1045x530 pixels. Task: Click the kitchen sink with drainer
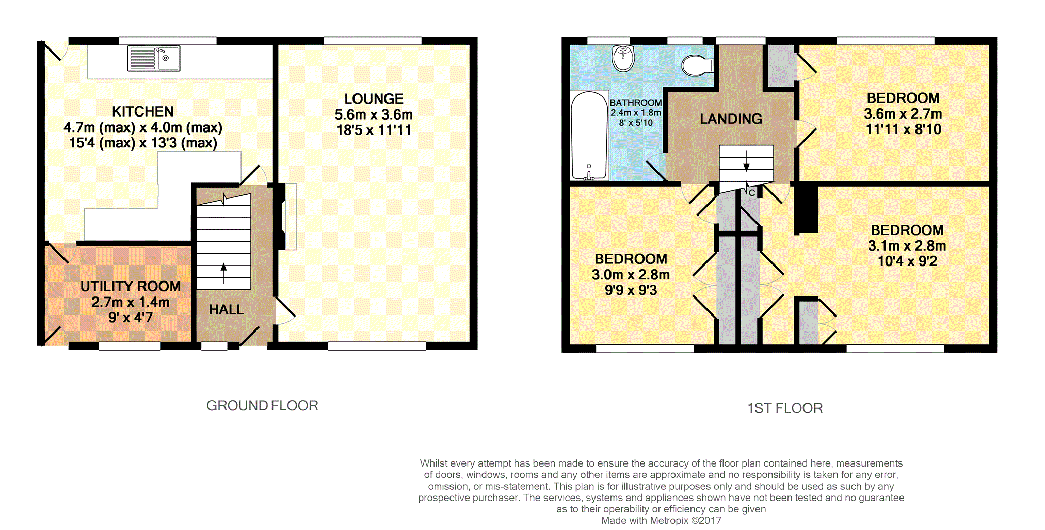pos(154,58)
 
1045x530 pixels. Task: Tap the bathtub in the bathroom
pos(589,136)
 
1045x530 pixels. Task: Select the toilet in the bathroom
pos(697,65)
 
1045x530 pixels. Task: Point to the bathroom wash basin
pos(623,58)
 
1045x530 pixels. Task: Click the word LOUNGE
pos(374,98)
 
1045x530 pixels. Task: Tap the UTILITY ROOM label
pos(131,286)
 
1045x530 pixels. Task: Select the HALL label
pos(227,309)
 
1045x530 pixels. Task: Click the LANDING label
pos(731,119)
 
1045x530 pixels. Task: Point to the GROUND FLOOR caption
pos(262,406)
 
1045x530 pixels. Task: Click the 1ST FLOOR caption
pos(785,408)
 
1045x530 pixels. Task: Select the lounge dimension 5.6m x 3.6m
pos(374,114)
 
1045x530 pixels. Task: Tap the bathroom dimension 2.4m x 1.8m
pos(636,113)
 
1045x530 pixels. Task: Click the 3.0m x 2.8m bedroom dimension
pos(631,275)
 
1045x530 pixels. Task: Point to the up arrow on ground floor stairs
pos(223,274)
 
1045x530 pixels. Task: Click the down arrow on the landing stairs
pos(747,160)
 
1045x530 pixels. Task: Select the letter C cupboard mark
pos(752,193)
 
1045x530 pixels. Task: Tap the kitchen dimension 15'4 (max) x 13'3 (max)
pos(143,143)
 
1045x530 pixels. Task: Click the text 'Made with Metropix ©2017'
pos(661,520)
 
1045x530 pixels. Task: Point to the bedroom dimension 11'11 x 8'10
pos(903,129)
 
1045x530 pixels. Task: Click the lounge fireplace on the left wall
pos(287,217)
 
